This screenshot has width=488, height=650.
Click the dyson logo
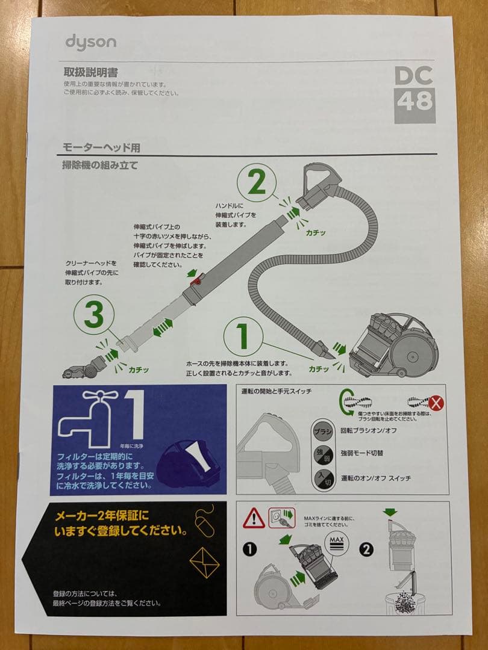click(x=90, y=43)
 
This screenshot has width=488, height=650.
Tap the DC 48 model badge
click(x=414, y=94)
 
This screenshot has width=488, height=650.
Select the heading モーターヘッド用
click(x=101, y=147)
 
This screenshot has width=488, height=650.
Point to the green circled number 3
click(x=93, y=315)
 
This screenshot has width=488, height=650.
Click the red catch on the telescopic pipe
click(x=196, y=279)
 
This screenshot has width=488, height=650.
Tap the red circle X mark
click(x=435, y=403)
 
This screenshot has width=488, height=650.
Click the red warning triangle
click(x=254, y=518)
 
